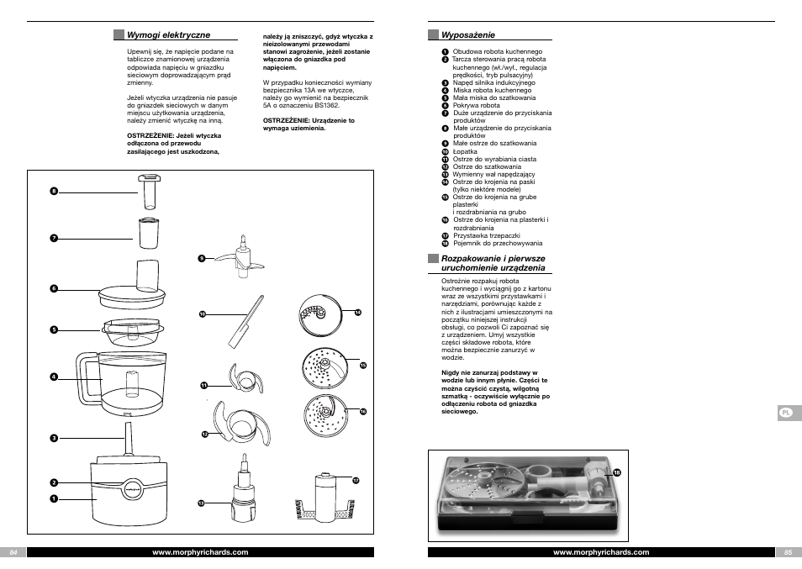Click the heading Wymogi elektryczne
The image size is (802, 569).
click(x=168, y=35)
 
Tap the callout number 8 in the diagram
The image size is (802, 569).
click(x=53, y=192)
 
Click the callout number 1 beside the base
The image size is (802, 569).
click(x=53, y=498)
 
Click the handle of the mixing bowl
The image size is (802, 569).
click(x=84, y=380)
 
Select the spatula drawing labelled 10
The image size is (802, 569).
click(x=245, y=322)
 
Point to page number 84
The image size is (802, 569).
click(x=13, y=552)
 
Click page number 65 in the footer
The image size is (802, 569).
click(x=788, y=552)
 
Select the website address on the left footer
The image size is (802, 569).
click(x=200, y=552)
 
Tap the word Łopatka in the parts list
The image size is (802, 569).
click(x=465, y=151)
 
